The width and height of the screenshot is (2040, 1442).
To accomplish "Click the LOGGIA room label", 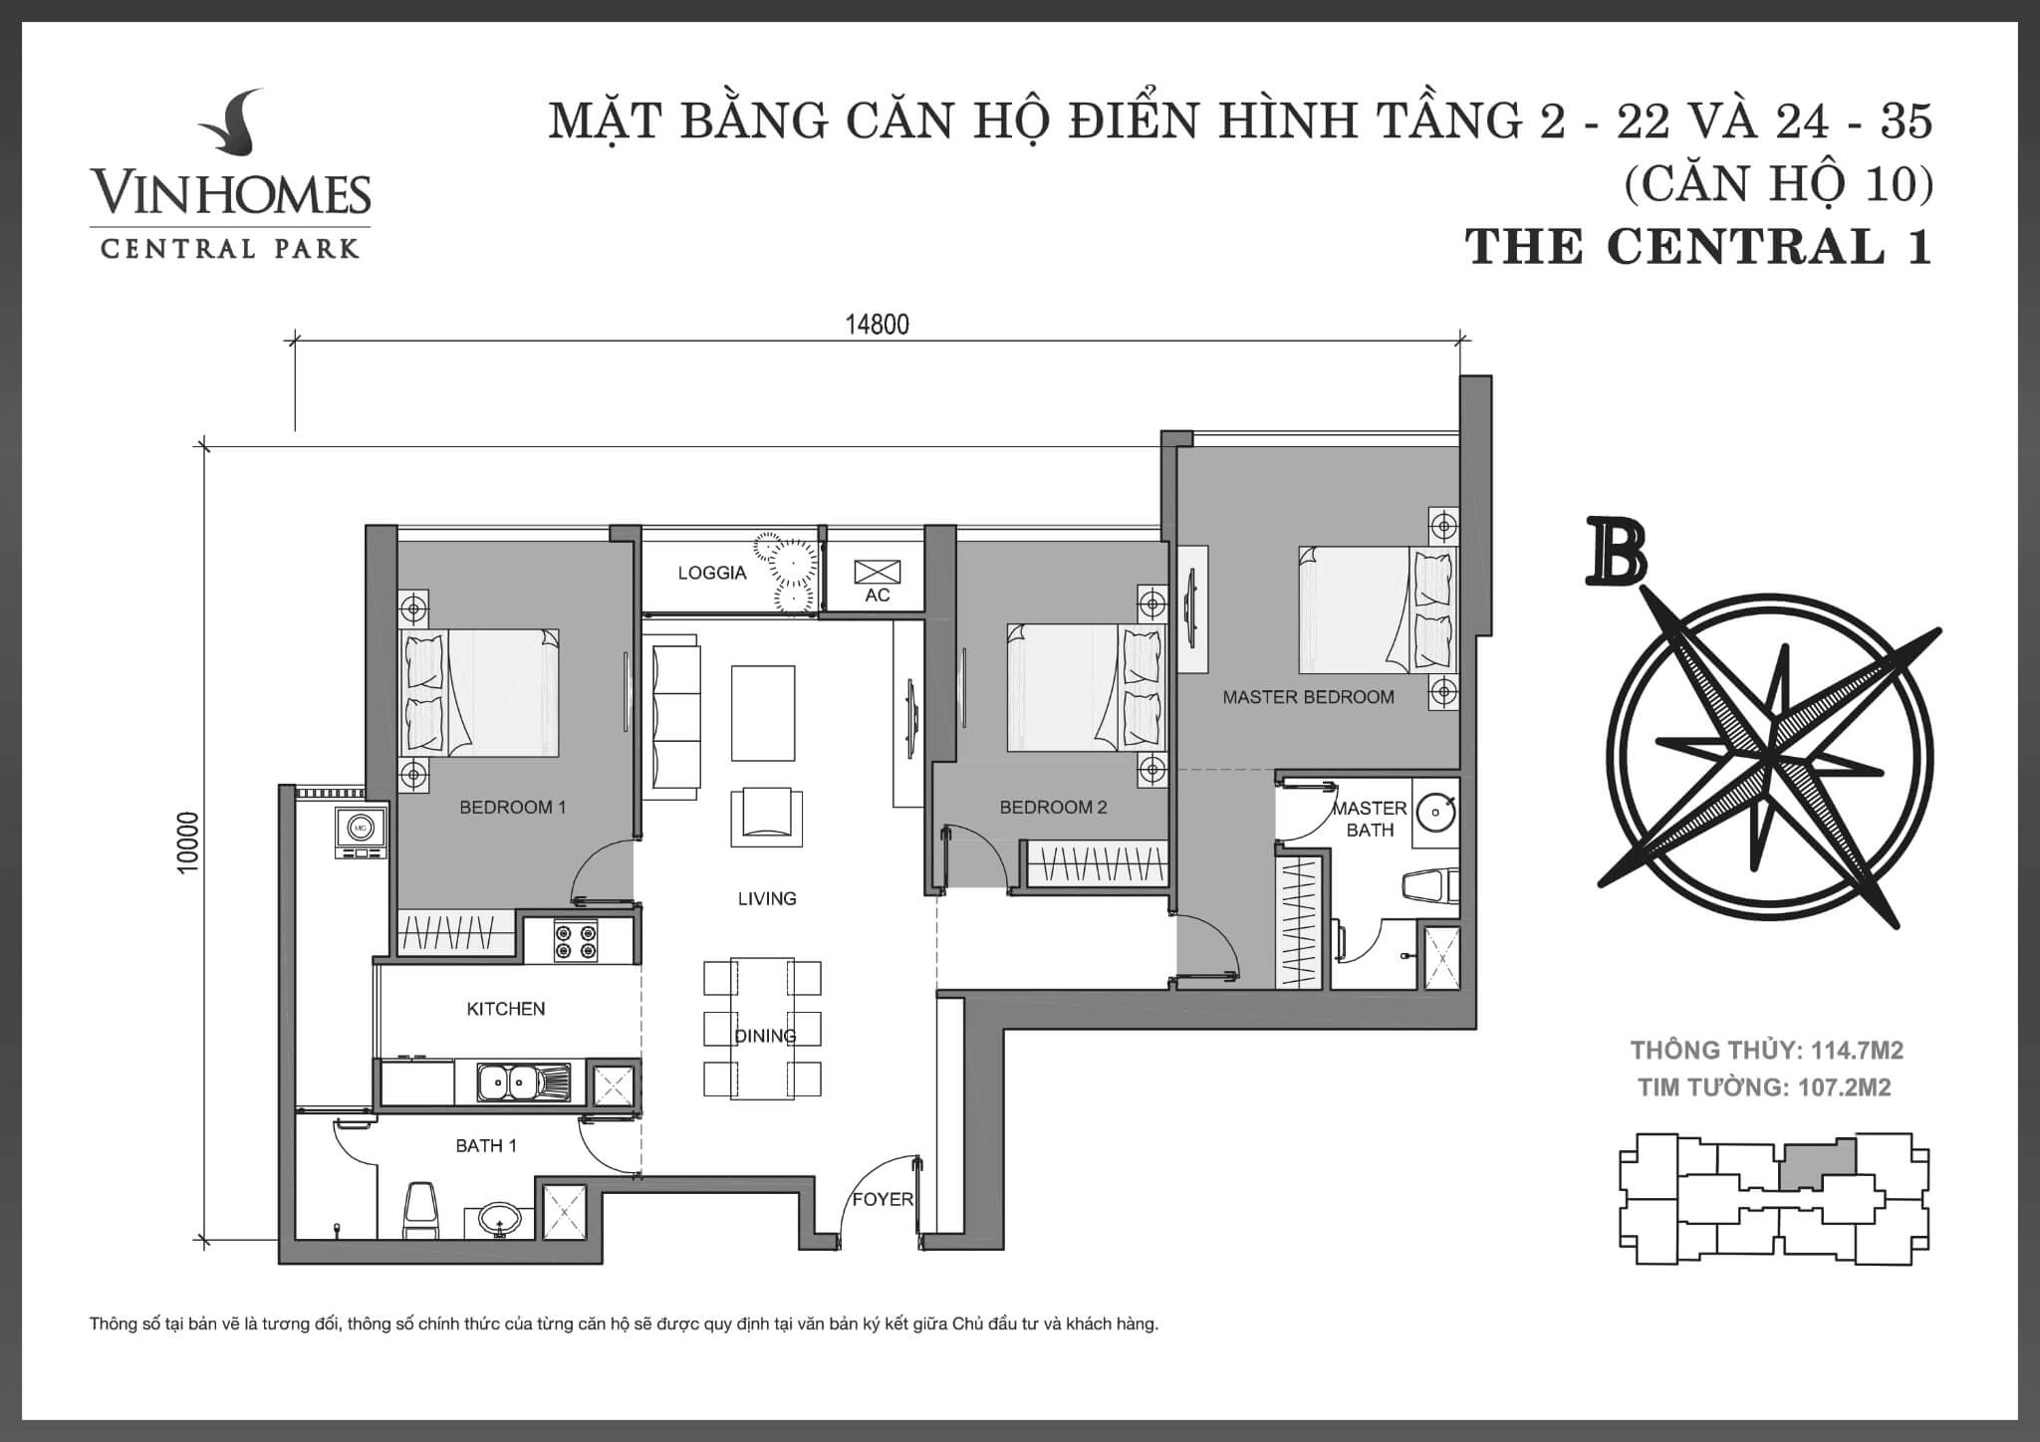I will coord(711,573).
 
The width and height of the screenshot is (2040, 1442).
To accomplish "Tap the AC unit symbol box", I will coord(878,572).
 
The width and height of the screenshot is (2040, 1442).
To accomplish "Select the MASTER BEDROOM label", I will coord(1308,697).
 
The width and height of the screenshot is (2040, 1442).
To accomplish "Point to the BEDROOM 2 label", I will coord(1053,808).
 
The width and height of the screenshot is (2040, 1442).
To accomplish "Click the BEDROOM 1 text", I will coord(512,808).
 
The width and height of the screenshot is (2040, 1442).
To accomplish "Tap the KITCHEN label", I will coord(506,1009).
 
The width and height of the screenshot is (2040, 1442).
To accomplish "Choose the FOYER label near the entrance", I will coord(882,1199).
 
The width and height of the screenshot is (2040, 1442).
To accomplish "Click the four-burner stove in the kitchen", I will coord(576,941).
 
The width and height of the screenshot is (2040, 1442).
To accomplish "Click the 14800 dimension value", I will coord(877,325).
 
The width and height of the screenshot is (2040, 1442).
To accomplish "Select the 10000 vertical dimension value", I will coord(188,842).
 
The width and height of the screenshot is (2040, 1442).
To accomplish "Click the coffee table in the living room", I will coord(763,713).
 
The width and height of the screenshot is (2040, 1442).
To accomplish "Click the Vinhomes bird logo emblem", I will coord(231,125).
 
